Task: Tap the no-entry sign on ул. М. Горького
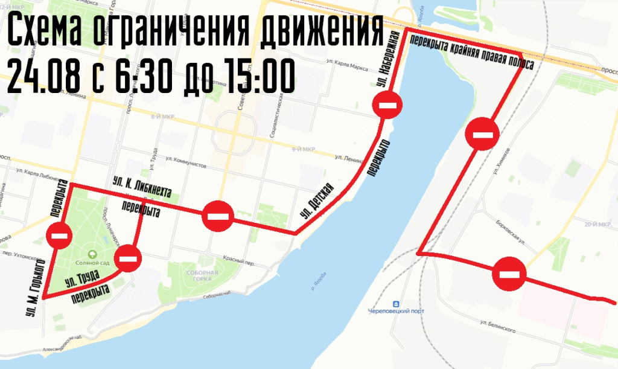60,234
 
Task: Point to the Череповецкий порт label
396,311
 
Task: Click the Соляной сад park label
92,262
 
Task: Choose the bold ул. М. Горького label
36,288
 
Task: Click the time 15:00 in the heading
260,75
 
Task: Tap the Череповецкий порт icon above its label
396,303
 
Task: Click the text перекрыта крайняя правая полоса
471,51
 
